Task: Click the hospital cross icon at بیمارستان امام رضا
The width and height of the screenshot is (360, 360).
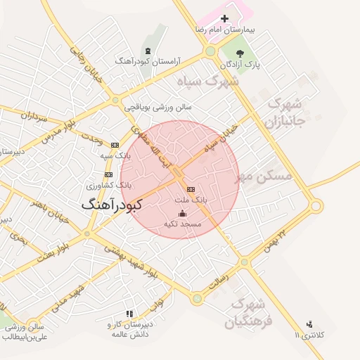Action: [x=224, y=18]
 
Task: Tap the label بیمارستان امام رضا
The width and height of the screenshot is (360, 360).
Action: [x=224, y=32]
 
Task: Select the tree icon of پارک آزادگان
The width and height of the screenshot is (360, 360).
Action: [x=240, y=53]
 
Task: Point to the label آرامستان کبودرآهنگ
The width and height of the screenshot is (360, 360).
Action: [x=147, y=62]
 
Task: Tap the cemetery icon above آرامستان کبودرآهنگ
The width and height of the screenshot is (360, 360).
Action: [x=147, y=51]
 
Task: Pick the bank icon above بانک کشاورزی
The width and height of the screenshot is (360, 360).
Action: [x=108, y=174]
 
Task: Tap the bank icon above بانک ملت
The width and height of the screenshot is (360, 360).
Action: [x=191, y=189]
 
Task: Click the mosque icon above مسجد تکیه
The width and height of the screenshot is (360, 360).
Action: [x=182, y=213]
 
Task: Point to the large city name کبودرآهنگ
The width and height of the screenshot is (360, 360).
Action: [x=112, y=205]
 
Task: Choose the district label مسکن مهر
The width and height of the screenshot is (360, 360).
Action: [x=264, y=176]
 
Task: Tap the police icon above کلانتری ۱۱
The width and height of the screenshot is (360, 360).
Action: [x=310, y=324]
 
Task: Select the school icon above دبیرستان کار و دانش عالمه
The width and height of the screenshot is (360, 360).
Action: [x=129, y=314]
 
